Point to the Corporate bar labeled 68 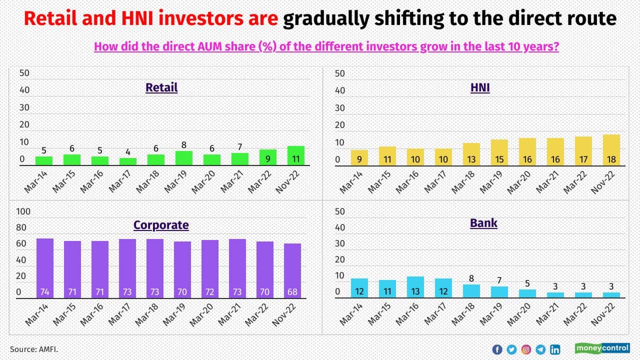[292, 270]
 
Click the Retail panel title [161, 87]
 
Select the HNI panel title [480, 88]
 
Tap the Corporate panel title [161, 225]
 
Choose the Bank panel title [483, 223]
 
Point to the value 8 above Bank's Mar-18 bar [470, 278]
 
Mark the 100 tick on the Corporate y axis [23, 212]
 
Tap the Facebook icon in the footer [497, 349]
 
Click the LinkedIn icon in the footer [555, 349]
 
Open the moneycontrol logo [602, 348]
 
